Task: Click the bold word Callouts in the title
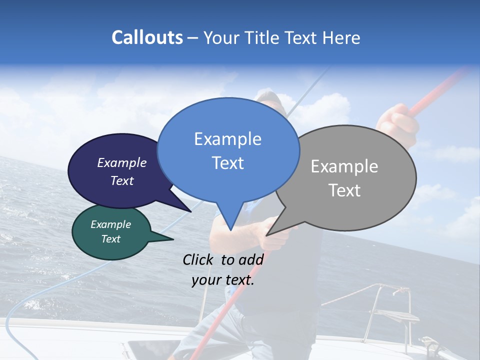pos(147,37)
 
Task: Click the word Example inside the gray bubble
pos(344,166)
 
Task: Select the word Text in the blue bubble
pos(228,163)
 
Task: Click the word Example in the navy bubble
pos(121,162)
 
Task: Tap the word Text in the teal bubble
pos(110,239)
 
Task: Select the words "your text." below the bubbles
pos(222,280)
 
